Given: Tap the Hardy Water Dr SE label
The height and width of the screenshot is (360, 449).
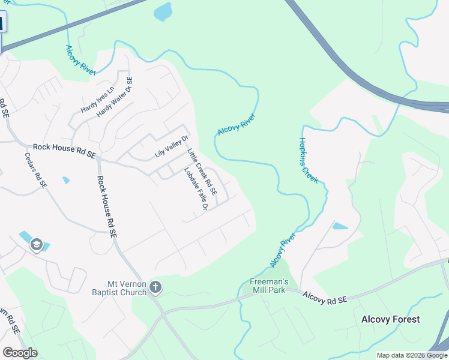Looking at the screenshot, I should pos(115,97).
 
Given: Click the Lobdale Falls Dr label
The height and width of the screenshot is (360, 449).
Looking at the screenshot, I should pos(196,188).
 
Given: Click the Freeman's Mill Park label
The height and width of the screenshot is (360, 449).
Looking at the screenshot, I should pos(270,286).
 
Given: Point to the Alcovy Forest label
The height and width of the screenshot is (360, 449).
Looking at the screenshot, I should pos(390,319).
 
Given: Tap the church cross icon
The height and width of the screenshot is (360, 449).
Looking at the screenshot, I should pos(155,288).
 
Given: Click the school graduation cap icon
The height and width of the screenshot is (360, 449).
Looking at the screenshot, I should pos(36,245).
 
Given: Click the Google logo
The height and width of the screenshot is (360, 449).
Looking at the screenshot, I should pos(20,353).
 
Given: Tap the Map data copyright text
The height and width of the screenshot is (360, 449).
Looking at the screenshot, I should pos(411,355).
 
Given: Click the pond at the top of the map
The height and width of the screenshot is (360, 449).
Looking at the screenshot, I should pos(163,11).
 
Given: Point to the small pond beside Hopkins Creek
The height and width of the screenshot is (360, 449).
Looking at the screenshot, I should pos(340,226).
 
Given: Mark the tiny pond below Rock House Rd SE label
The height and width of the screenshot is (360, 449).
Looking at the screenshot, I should pos(65,180).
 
